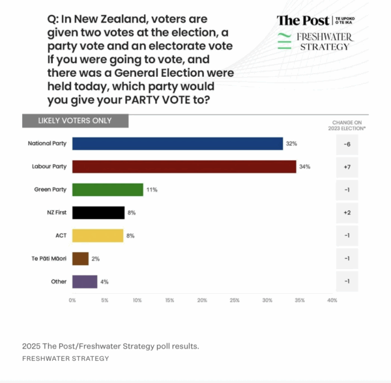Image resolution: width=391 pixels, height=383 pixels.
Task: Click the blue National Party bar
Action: (x=177, y=143)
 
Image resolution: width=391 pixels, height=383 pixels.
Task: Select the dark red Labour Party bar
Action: (x=184, y=166)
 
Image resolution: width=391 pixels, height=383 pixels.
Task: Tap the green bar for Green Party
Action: (x=108, y=190)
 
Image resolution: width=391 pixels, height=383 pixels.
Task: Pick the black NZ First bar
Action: (x=98, y=212)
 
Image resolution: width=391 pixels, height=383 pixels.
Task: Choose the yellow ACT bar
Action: (x=97, y=235)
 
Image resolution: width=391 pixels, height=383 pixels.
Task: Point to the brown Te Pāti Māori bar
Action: (x=80, y=259)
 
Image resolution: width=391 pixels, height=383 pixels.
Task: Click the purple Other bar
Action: (x=85, y=281)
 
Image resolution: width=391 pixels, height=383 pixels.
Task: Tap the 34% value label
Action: (x=304, y=167)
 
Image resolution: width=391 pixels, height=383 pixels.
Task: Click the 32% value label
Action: (x=291, y=143)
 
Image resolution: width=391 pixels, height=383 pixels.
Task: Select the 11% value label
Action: (x=152, y=190)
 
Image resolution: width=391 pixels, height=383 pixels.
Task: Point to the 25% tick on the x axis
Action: (x=235, y=300)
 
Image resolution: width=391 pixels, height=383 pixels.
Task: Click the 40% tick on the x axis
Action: (x=332, y=300)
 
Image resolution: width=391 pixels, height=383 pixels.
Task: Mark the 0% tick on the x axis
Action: (x=72, y=300)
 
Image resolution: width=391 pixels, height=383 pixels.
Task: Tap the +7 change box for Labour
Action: (x=347, y=167)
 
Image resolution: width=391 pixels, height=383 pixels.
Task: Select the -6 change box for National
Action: (x=347, y=143)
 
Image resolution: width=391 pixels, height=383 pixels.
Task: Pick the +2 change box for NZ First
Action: (x=347, y=212)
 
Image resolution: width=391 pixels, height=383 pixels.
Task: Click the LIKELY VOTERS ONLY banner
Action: (x=75, y=121)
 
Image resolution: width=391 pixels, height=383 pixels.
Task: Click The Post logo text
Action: (x=302, y=21)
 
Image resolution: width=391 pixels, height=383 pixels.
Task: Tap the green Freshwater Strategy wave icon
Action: (x=284, y=41)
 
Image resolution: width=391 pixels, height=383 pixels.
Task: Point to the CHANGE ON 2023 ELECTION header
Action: (x=347, y=125)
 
